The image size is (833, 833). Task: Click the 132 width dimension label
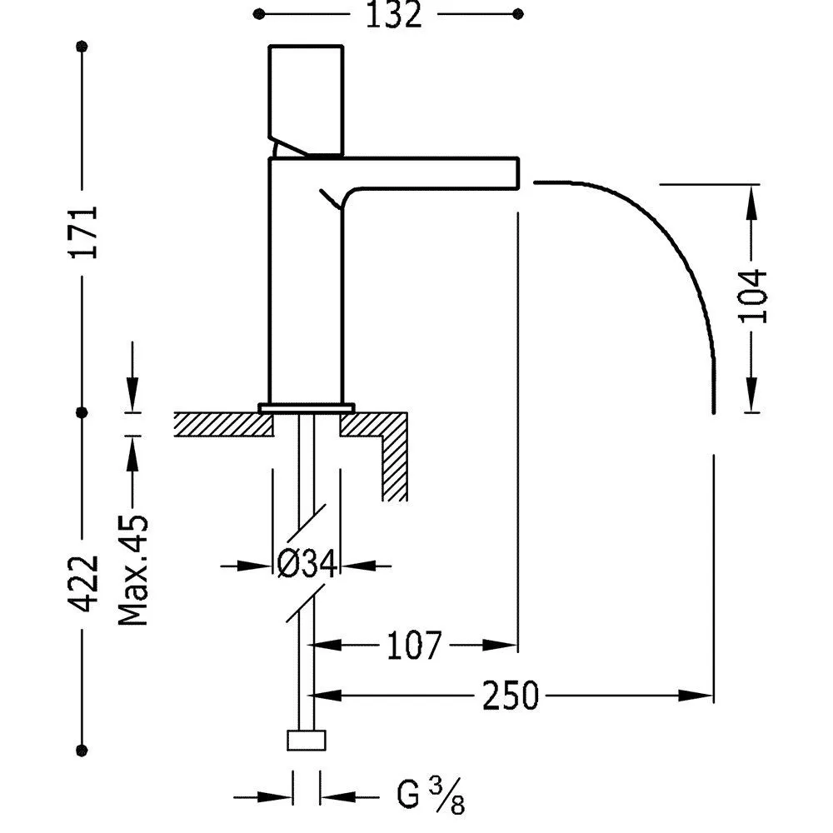coord(392,15)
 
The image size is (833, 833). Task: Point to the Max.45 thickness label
coord(132,570)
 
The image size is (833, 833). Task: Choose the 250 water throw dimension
coord(511,695)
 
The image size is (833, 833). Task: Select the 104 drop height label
coord(752,296)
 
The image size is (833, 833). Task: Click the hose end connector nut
coord(307,741)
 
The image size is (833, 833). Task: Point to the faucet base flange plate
coord(307,407)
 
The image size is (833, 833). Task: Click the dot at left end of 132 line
coord(259,14)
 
